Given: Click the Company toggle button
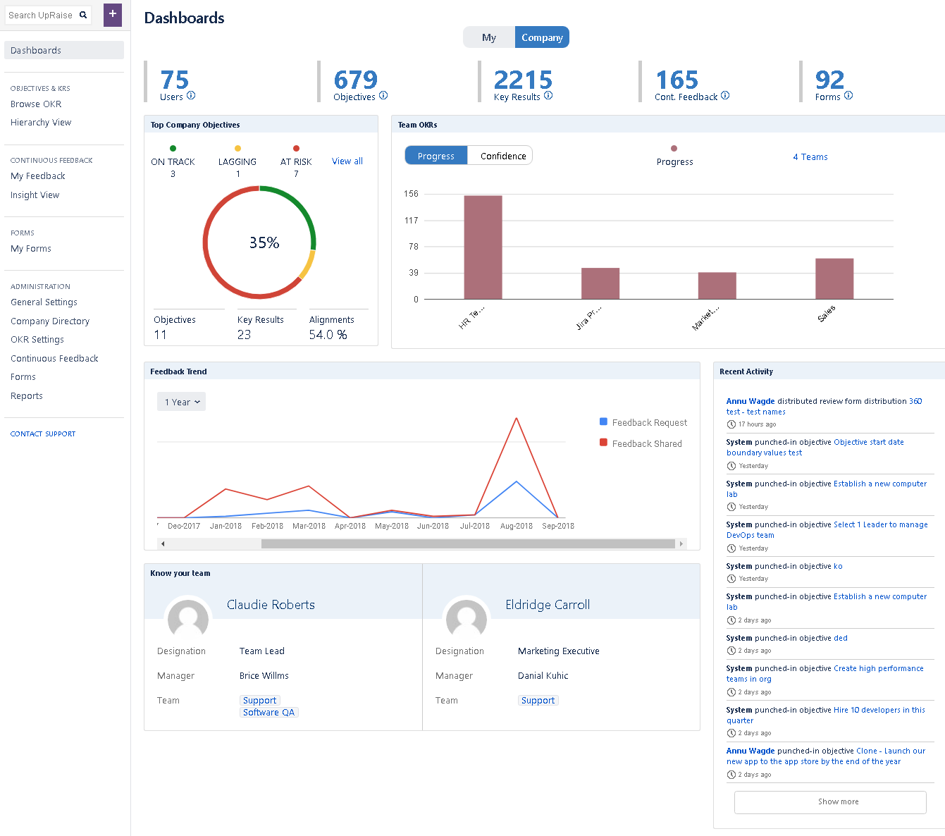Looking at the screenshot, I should point(542,37).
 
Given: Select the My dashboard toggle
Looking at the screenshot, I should point(489,37).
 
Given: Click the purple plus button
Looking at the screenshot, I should point(113,14).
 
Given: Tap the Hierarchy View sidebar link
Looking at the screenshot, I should point(41,123).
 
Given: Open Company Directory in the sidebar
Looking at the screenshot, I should point(50,321).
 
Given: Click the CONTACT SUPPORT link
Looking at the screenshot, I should point(43,434).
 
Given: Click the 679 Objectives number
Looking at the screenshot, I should point(356,80).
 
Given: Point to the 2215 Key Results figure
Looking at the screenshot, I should point(523,80).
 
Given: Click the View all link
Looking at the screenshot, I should point(347,161).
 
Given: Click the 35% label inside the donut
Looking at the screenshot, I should point(264,243).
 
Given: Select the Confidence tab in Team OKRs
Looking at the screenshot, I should point(503,156).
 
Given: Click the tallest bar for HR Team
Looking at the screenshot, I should point(483,247).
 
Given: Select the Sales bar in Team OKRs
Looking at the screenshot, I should point(834,279).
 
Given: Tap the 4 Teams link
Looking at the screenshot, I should point(810,157).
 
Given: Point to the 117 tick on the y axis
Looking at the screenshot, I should point(412,221).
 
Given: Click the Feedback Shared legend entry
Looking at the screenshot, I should point(646,443).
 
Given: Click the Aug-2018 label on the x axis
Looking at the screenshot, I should point(517,526).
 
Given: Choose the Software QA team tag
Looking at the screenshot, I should point(269,713).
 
